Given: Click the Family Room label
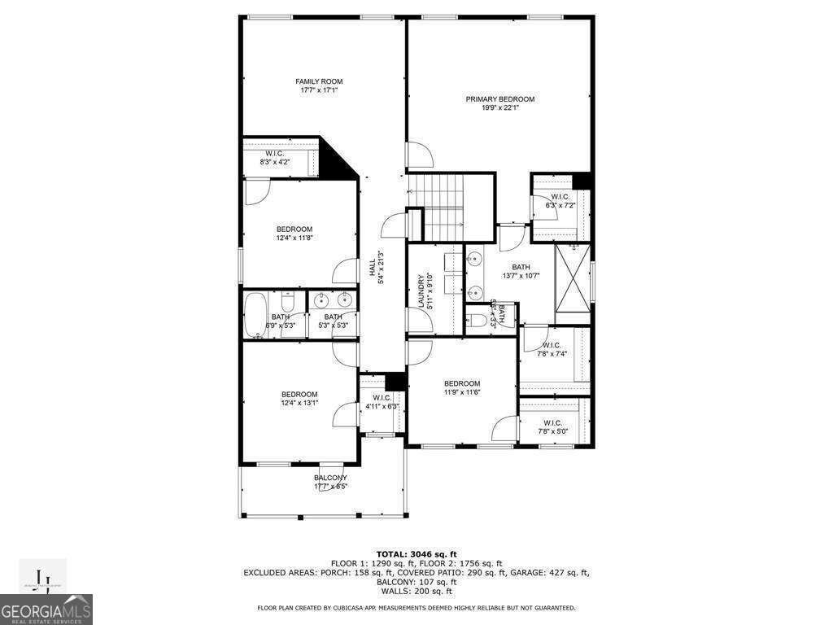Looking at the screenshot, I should [318, 81].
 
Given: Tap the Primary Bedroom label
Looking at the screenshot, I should [499, 99].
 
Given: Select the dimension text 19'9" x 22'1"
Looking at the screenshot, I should [499, 108].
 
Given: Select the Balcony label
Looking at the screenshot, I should [330, 478].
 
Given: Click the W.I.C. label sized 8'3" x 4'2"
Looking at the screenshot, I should [274, 154].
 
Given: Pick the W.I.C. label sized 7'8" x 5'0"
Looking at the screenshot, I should [552, 422].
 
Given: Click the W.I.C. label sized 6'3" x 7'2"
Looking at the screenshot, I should [560, 196].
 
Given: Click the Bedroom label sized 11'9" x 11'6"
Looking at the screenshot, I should [461, 383].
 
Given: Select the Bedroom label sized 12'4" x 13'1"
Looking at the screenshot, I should [299, 394].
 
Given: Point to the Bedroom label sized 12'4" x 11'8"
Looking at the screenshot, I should [294, 229].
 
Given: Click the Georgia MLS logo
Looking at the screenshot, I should [46, 610].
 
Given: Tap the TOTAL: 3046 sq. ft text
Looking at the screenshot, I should [416, 553].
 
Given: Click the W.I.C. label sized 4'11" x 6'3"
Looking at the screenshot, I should [382, 397].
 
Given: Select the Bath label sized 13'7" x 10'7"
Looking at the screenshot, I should [521, 267].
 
